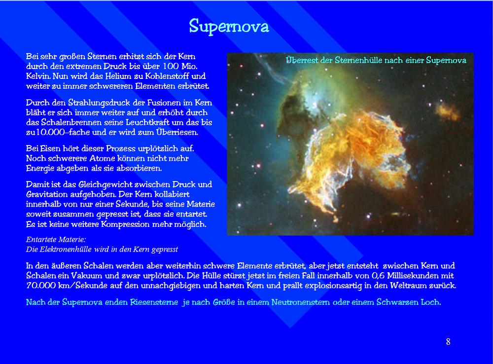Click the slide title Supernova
[229, 26]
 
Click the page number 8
[448, 342]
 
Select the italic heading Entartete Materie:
[56, 239]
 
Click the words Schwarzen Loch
[408, 302]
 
